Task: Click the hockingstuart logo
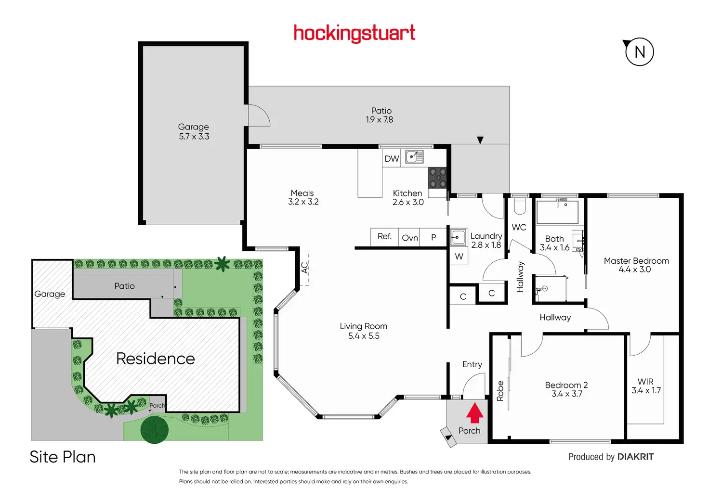pyautogui.click(x=354, y=33)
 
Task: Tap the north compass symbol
pyautogui.click(x=639, y=52)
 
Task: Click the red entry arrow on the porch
pyautogui.click(x=475, y=413)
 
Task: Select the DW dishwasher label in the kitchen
pyautogui.click(x=392, y=158)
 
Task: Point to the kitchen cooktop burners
pyautogui.click(x=437, y=178)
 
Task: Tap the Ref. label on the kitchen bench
pyautogui.click(x=384, y=236)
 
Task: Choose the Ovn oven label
pyautogui.click(x=410, y=238)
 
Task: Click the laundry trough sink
pyautogui.click(x=458, y=237)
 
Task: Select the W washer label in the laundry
pyautogui.click(x=459, y=257)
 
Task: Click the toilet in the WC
pyautogui.click(x=520, y=206)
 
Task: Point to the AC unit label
pyautogui.click(x=304, y=268)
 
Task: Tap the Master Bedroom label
pyautogui.click(x=636, y=261)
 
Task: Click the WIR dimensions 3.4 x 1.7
pyautogui.click(x=646, y=390)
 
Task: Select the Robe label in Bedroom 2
pyautogui.click(x=500, y=391)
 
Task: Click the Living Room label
pyautogui.click(x=363, y=326)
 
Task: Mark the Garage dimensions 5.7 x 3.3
pyautogui.click(x=194, y=137)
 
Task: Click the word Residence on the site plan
pyautogui.click(x=156, y=359)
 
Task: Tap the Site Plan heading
pyautogui.click(x=63, y=457)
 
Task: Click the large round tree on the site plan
pyautogui.click(x=155, y=429)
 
